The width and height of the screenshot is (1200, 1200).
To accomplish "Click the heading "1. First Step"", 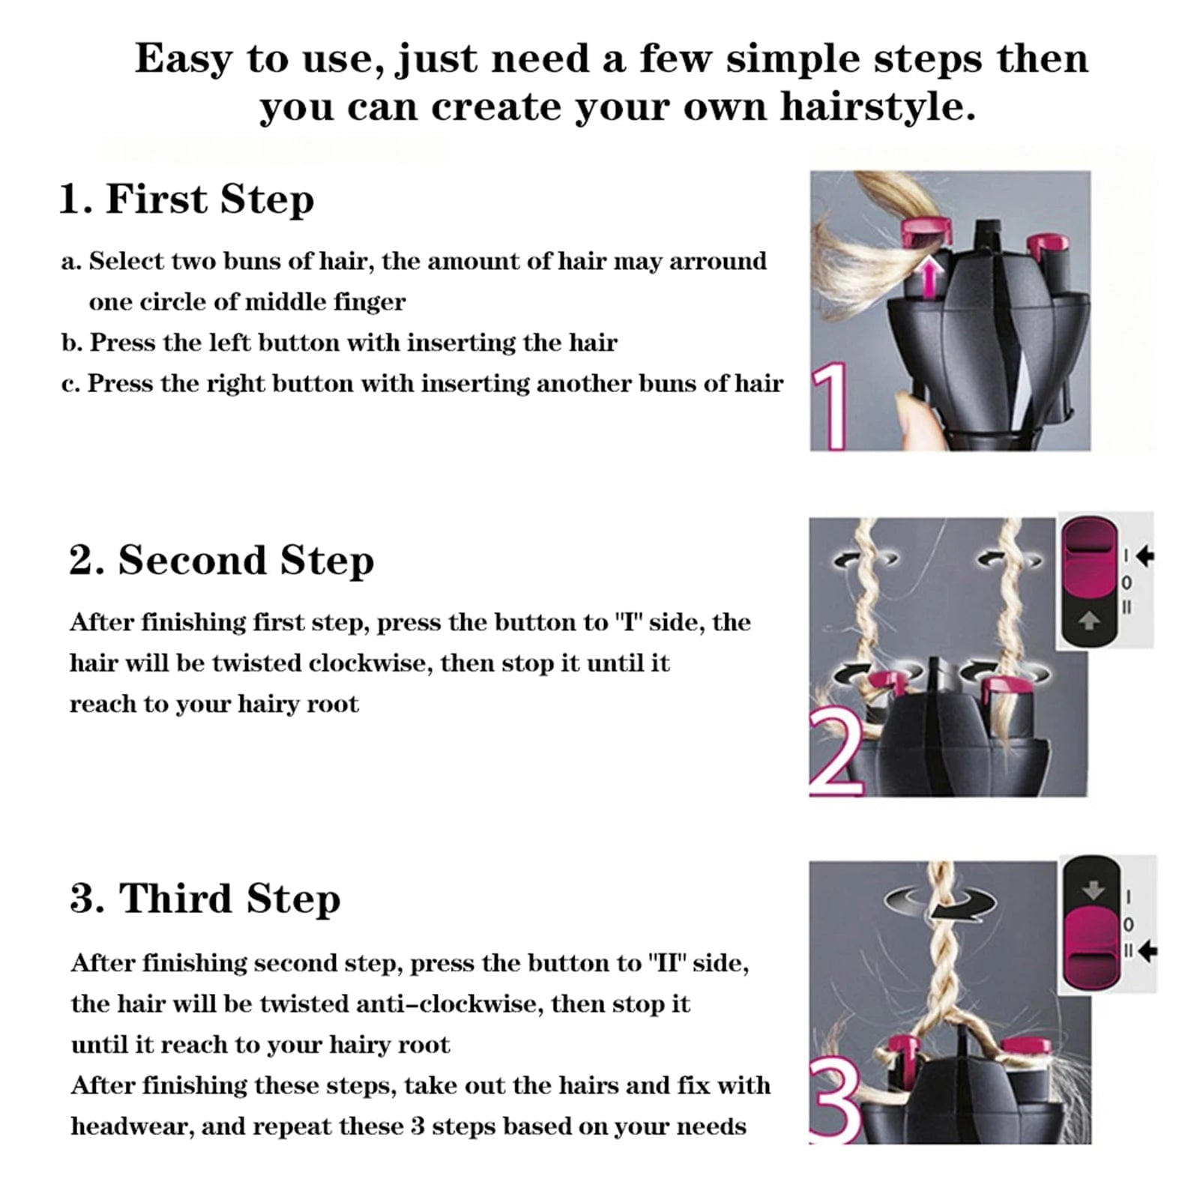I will coord(187,199).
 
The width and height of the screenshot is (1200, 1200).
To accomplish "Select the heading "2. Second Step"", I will coord(222,561).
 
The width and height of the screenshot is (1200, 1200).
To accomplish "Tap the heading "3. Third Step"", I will coord(205,899).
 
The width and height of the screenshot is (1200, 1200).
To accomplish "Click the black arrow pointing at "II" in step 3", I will coord(1147,952).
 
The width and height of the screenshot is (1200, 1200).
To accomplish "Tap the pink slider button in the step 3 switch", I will coord(1091,946).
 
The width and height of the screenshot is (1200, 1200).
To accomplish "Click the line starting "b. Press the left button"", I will coord(340,343).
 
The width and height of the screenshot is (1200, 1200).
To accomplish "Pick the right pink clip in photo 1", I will coord(1047,245).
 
